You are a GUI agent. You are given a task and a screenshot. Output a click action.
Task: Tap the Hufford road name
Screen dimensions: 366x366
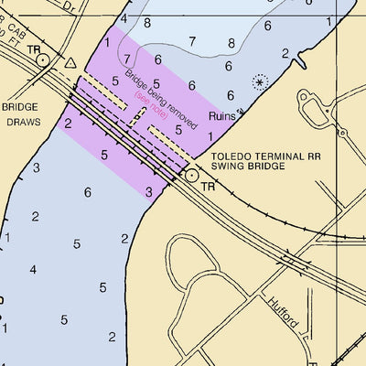[x=284, y=310]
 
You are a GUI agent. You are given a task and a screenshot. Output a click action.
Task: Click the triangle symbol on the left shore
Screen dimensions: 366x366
[x=72, y=63]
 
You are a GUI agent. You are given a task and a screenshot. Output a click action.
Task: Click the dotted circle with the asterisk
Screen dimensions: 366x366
[x=261, y=82]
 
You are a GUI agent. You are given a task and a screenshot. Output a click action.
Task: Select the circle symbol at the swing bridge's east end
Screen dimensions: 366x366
[x=191, y=174]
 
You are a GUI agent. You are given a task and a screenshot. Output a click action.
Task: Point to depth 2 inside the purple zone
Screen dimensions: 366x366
[x=69, y=123]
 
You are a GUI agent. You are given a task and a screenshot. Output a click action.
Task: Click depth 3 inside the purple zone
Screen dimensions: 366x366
[x=148, y=191]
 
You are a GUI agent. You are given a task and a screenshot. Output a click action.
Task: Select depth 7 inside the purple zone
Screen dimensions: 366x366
[x=128, y=59]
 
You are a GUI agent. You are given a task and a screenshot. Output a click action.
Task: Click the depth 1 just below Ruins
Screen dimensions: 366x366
[x=211, y=135]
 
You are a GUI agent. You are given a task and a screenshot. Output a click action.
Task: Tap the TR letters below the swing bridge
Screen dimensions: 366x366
[x=208, y=186]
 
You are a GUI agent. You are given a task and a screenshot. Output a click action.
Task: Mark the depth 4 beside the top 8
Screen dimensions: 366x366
[x=124, y=18]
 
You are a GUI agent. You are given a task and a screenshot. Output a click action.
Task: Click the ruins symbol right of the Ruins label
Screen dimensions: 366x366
[x=239, y=114]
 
